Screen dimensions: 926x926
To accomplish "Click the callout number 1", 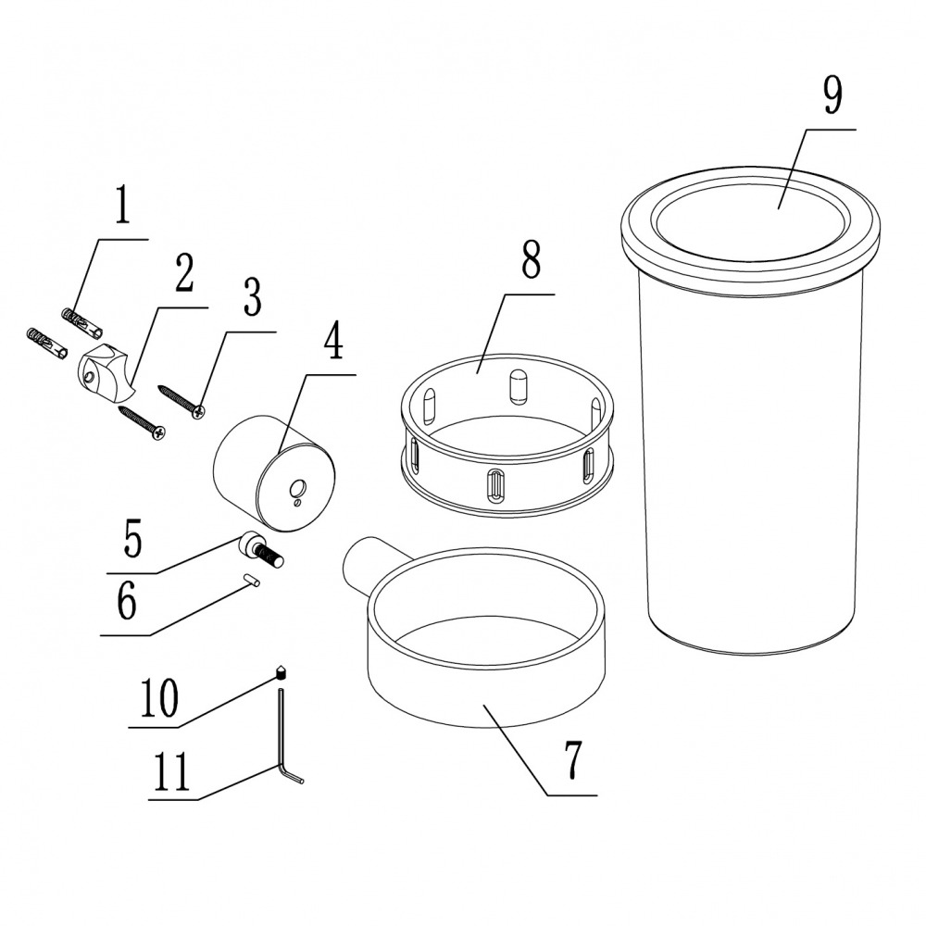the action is point(122,205).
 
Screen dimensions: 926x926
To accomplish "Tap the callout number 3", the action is point(252,297).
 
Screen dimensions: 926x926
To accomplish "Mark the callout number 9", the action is point(832,95).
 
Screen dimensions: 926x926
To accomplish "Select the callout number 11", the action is point(171,772).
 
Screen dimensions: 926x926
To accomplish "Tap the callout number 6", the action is point(126,601).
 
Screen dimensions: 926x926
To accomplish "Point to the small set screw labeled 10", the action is point(282,672).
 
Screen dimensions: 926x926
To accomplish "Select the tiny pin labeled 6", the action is point(252,582).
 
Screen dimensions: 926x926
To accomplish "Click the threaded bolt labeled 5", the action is point(262,548).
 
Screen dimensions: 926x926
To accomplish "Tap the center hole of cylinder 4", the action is point(298,488).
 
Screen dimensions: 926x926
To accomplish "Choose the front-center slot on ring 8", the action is point(495,486).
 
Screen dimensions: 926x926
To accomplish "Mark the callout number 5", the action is point(132,539).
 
